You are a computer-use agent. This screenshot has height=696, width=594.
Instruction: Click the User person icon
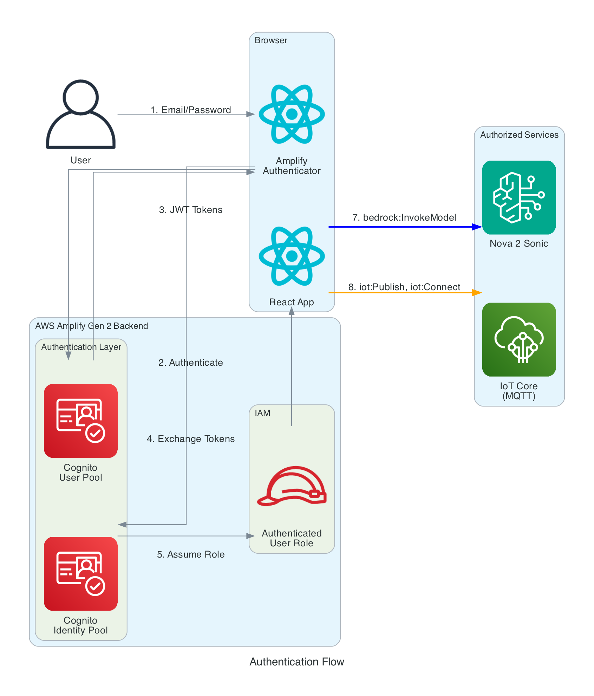point(81,114)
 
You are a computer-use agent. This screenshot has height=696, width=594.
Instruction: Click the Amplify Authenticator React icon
point(292,114)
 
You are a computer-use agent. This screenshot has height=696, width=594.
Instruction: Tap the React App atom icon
point(292,256)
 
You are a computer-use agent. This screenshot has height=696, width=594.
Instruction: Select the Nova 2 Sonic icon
point(519,197)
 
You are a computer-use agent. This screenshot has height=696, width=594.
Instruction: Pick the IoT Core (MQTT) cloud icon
point(519,339)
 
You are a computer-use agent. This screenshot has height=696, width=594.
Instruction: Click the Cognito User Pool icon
point(81,421)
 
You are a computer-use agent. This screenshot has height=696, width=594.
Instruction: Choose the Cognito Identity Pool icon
point(81,573)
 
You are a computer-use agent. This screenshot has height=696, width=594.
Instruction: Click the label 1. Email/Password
point(191,110)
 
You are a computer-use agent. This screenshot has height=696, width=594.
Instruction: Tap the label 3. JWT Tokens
point(191,210)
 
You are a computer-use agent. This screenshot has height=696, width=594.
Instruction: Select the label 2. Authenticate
point(191,363)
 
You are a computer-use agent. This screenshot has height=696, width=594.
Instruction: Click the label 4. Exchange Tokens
point(191,439)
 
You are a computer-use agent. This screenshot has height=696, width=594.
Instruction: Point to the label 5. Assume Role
point(191,554)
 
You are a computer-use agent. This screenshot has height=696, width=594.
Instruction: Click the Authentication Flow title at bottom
point(297,662)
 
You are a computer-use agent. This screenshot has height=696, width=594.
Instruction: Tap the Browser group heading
point(271,40)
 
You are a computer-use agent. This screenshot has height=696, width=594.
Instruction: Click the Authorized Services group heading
point(519,135)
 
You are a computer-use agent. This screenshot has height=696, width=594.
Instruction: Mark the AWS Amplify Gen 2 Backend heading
point(92,326)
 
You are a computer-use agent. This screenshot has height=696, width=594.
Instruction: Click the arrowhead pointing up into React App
point(292,311)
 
